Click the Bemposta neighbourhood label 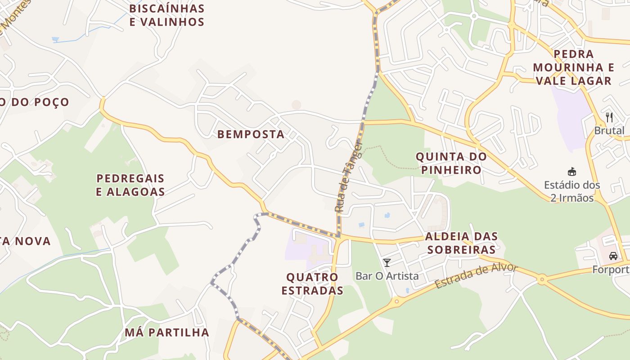[x=251, y=134]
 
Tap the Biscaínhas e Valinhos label [x=167, y=15]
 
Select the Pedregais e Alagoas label [x=130, y=185]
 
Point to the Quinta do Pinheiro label [x=451, y=163]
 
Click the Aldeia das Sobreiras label [x=461, y=243]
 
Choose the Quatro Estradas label [x=312, y=283]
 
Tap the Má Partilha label [x=167, y=333]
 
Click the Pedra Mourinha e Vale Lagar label [x=573, y=67]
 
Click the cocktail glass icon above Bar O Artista [x=387, y=262]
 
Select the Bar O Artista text [x=387, y=276]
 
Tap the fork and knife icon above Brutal [x=609, y=117]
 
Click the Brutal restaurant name [x=609, y=131]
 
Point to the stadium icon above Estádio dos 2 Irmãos [x=572, y=171]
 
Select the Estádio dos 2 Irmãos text [x=572, y=191]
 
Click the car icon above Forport [x=613, y=256]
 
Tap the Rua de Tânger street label [x=347, y=176]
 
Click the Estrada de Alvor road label [x=476, y=276]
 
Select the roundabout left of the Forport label [x=542, y=280]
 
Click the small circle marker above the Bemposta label [x=296, y=105]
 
